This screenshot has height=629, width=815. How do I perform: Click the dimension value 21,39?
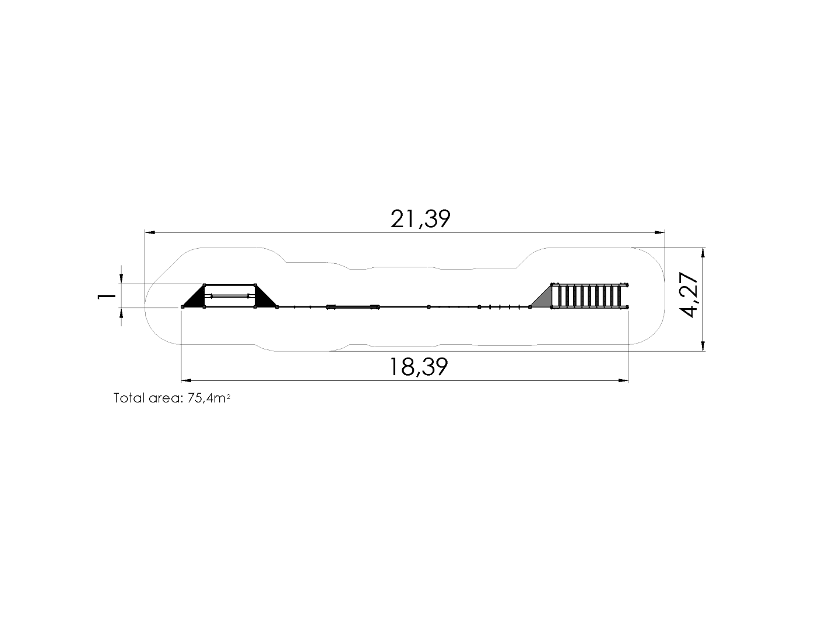420,219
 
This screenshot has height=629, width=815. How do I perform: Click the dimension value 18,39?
419,367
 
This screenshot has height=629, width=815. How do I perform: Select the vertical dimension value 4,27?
688,295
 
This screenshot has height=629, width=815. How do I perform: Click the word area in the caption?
166,399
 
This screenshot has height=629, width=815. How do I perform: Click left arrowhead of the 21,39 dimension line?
150,232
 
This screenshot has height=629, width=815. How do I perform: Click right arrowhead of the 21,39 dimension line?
660,232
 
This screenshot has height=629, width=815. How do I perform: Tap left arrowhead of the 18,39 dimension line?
187,381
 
